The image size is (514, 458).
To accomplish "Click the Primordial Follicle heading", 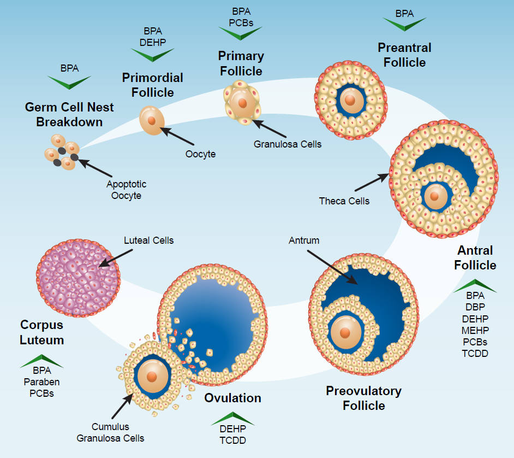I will [x=152, y=85].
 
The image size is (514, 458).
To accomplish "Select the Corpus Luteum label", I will [x=42, y=332].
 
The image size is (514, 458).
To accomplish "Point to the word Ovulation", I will [x=232, y=398].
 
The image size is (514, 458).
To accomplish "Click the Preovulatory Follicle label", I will [x=363, y=398].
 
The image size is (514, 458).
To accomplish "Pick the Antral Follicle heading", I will [x=475, y=258].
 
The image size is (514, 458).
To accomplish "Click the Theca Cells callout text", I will [x=344, y=201].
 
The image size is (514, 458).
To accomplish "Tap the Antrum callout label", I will [x=304, y=240].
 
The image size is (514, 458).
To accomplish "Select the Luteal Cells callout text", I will [x=148, y=240].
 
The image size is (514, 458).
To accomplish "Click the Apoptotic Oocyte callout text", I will [x=126, y=190].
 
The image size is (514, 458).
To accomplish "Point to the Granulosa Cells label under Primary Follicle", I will [x=288, y=144].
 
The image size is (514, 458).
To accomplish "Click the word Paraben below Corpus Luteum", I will [x=41, y=382].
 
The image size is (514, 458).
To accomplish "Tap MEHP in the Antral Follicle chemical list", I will [x=475, y=330].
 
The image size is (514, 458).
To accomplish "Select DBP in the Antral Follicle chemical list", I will [x=475, y=307].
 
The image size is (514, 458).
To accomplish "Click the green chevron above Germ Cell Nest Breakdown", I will [x=69, y=82].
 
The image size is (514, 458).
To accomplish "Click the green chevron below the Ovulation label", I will [x=232, y=418].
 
